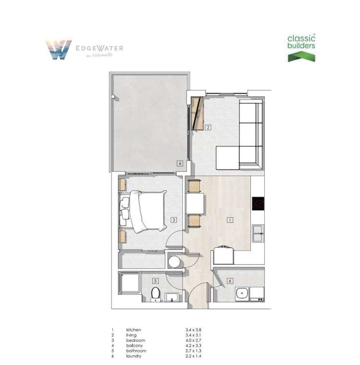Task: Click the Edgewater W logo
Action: click(x=59, y=49)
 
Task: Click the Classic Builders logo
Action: click(x=301, y=48)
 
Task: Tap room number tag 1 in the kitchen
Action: click(x=230, y=220)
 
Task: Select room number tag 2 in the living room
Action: click(x=208, y=127)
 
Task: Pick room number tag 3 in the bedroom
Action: click(x=174, y=220)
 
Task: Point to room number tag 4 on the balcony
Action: click(x=180, y=163)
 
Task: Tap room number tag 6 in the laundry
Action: click(x=230, y=280)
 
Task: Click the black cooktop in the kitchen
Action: click(x=259, y=204)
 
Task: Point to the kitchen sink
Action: click(x=258, y=233)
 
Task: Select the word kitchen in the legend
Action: click(x=134, y=329)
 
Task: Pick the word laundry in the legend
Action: click(x=134, y=356)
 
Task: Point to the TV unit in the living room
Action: click(x=197, y=113)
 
